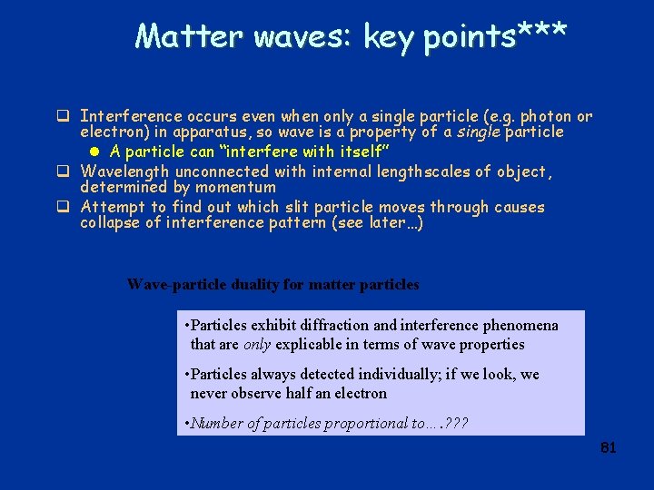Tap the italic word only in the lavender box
click(257, 344)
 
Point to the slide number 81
click(609, 447)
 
